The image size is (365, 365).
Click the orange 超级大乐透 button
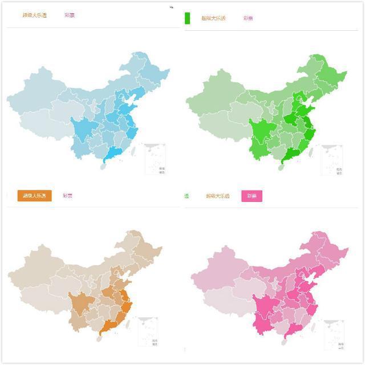click(x=35, y=196)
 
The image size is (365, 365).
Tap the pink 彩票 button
click(x=252, y=196)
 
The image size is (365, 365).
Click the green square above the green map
click(x=187, y=18)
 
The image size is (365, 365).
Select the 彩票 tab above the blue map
click(x=70, y=15)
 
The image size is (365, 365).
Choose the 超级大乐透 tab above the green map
click(x=213, y=18)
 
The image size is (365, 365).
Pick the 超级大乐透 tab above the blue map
click(x=35, y=15)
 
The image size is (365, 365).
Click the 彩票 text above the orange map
click(x=68, y=196)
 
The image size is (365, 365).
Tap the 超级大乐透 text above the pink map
click(x=218, y=196)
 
